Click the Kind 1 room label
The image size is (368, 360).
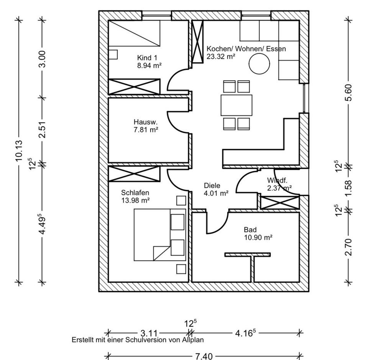(147, 58)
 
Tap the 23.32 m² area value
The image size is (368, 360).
(221, 56)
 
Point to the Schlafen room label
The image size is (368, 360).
(135, 192)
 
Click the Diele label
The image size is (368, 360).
(211, 185)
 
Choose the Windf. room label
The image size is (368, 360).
(277, 180)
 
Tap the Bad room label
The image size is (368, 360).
(250, 230)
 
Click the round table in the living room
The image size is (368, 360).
(260, 64)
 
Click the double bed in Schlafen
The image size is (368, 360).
(159, 234)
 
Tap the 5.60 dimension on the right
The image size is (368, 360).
(348, 92)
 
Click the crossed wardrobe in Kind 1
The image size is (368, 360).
(134, 86)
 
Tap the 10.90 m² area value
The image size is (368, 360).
(258, 238)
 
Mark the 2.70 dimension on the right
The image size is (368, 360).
(348, 247)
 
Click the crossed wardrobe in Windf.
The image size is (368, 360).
(279, 202)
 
